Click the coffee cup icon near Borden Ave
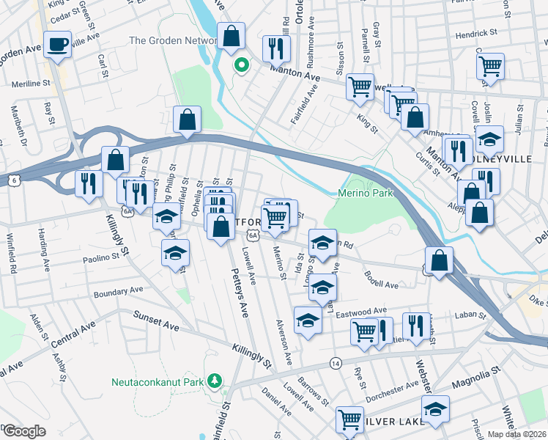[x=57, y=44]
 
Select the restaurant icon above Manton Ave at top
[x=276, y=48]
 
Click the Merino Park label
[x=366, y=193]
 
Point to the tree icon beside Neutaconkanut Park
[x=214, y=381]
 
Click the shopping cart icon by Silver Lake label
[x=349, y=419]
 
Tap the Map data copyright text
[x=518, y=434]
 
